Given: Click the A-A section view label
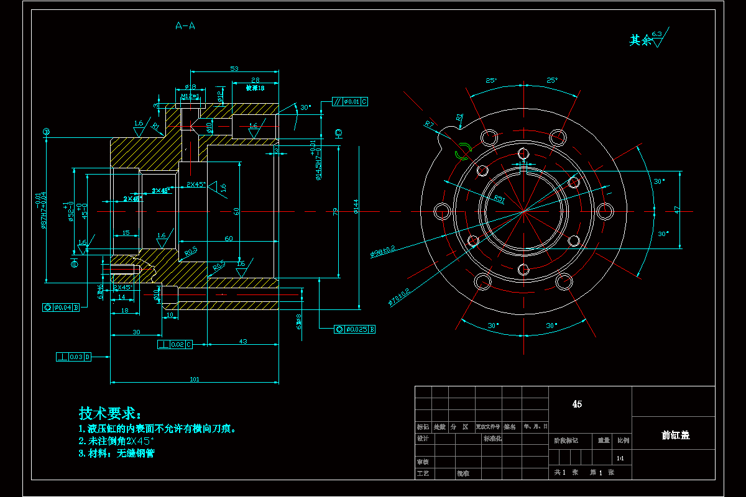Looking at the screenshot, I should pos(186,26).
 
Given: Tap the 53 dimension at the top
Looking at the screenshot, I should pos(234,68).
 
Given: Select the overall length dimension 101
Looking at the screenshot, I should pos(194,379).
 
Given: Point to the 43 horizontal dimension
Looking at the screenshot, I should pos(242,341).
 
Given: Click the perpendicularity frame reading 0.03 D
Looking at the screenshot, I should pos(74,357).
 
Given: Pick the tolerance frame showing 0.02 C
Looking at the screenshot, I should pos(175,344).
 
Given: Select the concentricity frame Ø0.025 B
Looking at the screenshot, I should pos(355,329).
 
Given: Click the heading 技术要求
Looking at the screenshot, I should pos(110,413).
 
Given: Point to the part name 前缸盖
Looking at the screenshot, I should pos(676,435).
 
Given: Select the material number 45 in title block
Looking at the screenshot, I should pos(577,404).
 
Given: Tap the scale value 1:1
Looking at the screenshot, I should pos(620,458).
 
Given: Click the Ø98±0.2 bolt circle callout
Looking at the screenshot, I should pos(383,252).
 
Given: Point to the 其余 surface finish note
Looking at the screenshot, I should pos(642,40).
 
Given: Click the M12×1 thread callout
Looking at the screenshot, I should pos(190,96).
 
